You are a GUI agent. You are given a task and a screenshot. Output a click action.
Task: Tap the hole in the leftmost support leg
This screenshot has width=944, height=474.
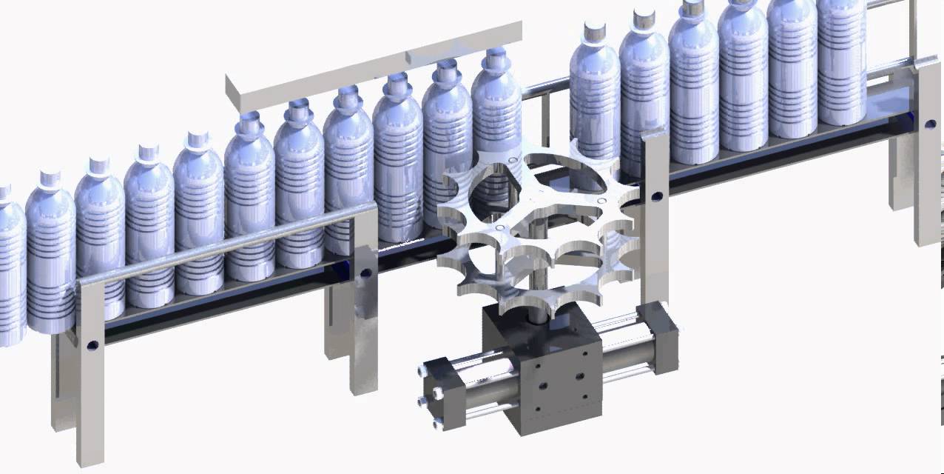92,345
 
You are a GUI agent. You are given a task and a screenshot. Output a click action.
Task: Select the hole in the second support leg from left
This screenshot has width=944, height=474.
365,274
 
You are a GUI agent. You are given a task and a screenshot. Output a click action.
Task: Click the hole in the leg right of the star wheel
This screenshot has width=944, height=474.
654,197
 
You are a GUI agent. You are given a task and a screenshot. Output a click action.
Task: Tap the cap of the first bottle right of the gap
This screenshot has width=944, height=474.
594,30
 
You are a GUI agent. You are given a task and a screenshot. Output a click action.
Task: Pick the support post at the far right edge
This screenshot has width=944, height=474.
926,148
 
